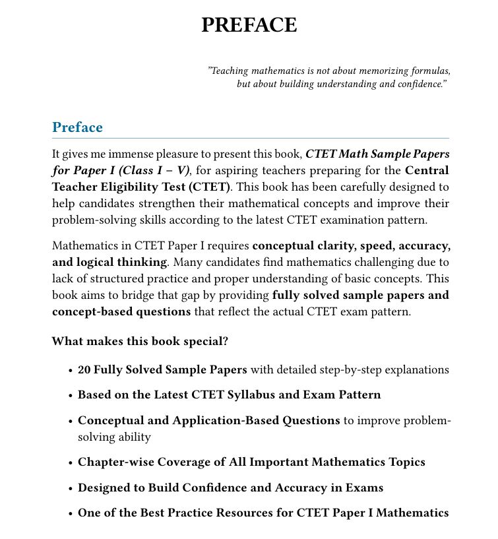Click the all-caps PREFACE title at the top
pyautogui.click(x=249, y=25)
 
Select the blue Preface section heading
pyautogui.click(x=77, y=127)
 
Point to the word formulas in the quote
pyautogui.click(x=429, y=71)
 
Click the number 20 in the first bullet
pyautogui.click(x=84, y=369)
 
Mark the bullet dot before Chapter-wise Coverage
pyautogui.click(x=70, y=463)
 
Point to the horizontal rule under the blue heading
pyautogui.click(x=251, y=139)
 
